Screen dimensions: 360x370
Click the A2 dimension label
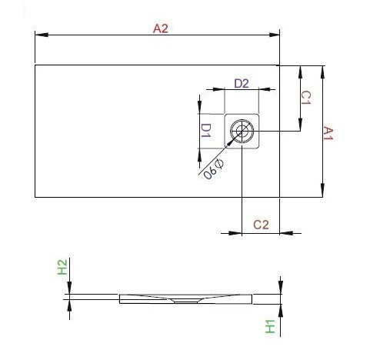tap(160, 28)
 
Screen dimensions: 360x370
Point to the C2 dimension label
tap(261, 224)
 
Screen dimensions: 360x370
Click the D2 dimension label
tap(241, 83)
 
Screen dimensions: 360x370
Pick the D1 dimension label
tap(206, 131)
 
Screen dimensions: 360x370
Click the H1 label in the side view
tap(270, 326)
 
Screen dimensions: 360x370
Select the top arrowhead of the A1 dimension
tap(322, 69)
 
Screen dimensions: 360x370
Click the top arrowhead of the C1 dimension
tap(299, 69)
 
